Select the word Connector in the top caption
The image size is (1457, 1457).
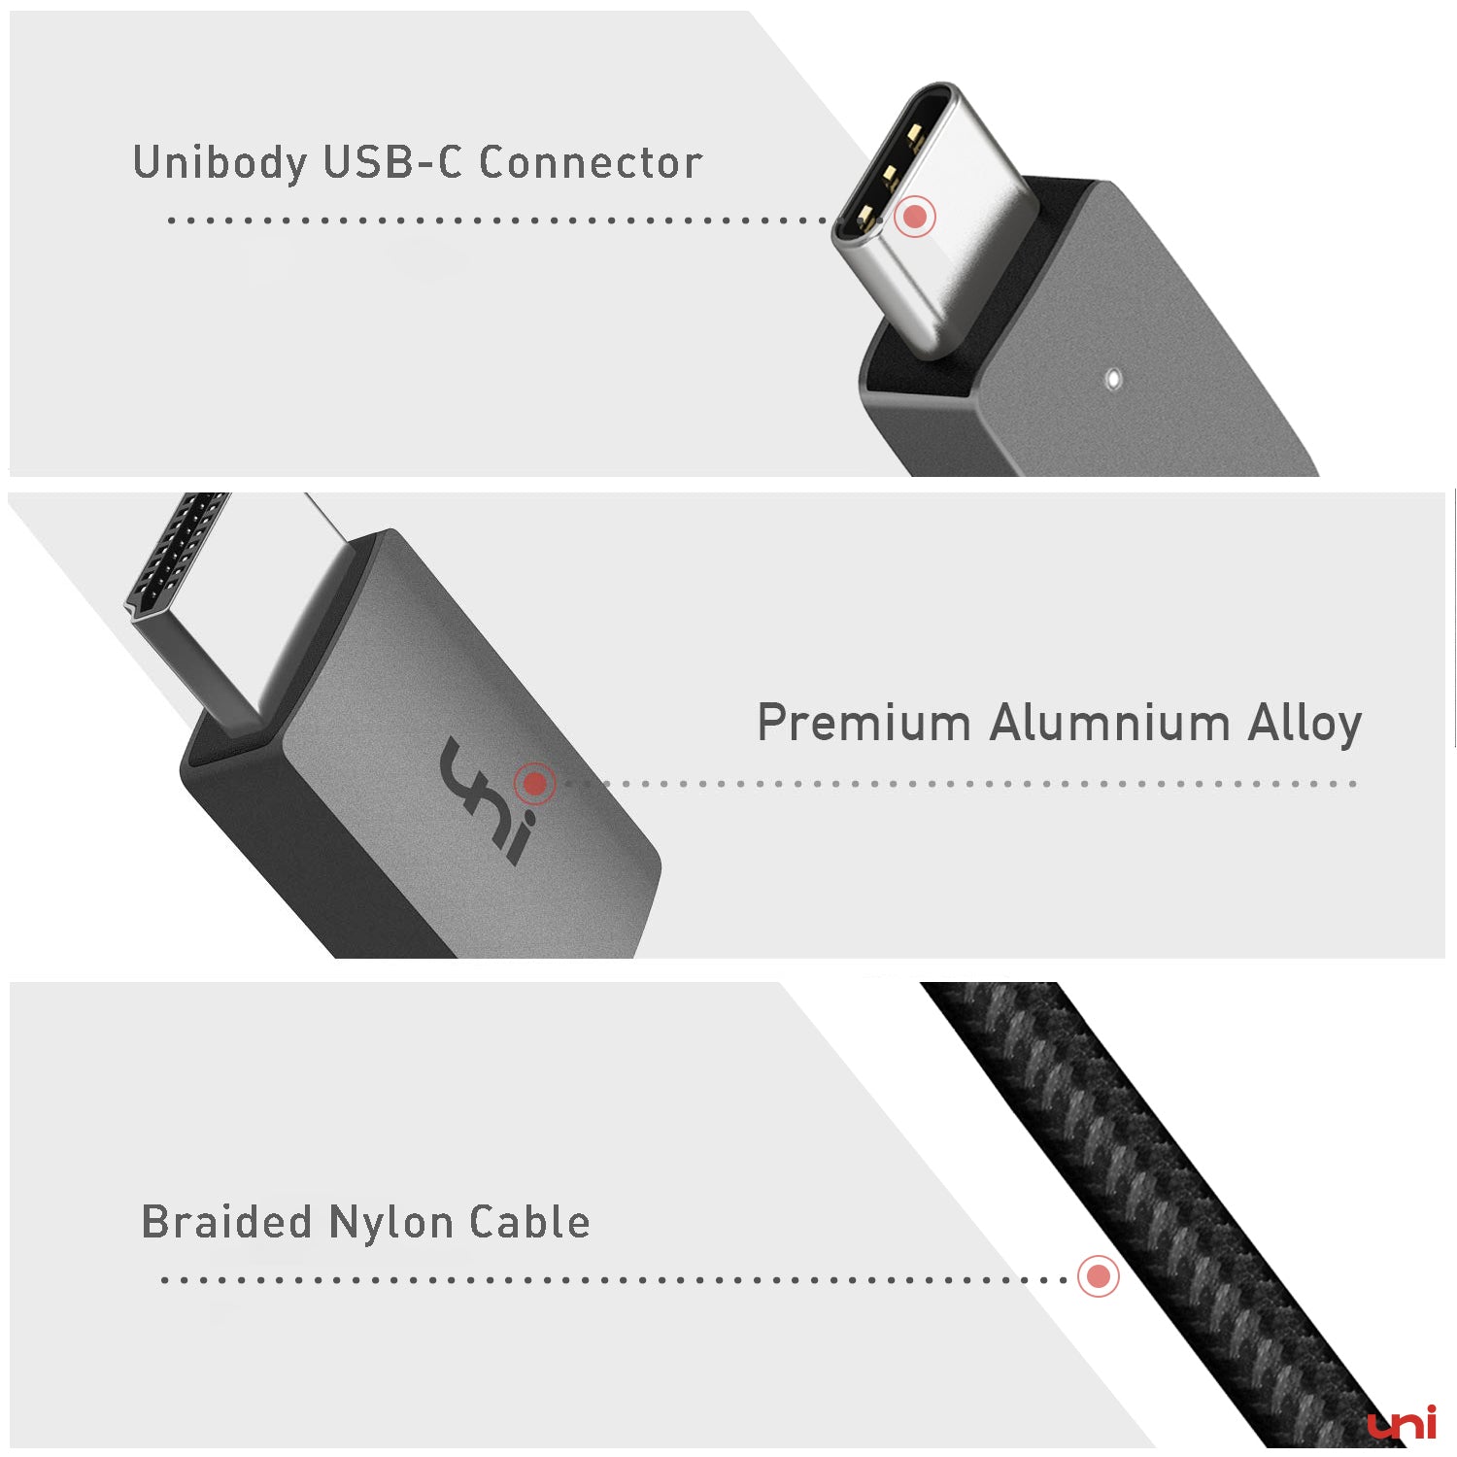[591, 163]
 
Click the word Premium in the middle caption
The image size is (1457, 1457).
[864, 724]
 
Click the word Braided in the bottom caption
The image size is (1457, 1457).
[227, 1223]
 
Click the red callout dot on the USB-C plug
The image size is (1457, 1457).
[914, 217]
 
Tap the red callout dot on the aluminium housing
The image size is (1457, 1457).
[533, 783]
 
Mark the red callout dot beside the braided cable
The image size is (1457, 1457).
[1099, 1276]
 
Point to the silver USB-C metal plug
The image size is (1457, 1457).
[932, 214]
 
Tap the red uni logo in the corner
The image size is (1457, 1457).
[1402, 1424]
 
